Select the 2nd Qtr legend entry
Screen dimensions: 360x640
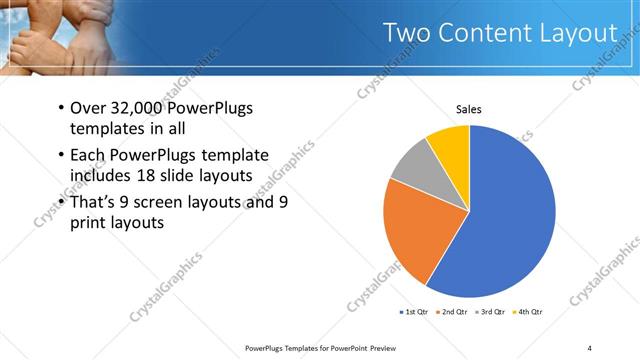[454, 313]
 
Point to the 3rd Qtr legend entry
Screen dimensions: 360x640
[493, 313]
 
